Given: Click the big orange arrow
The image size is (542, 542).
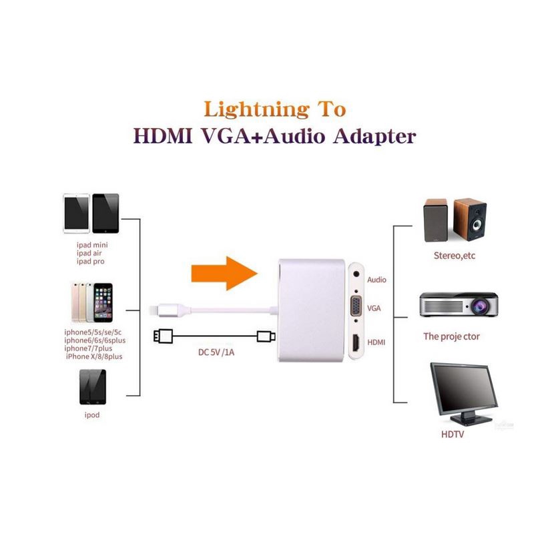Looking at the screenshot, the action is pos(225,274).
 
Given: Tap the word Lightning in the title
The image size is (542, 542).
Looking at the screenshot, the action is pos(256,110).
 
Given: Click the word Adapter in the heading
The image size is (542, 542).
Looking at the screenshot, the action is pos(374,137).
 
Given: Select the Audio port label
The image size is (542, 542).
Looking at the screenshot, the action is pos(376,280).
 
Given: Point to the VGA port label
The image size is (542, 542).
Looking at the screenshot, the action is pos(374,308).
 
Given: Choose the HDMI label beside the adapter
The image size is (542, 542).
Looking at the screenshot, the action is pos(376,342).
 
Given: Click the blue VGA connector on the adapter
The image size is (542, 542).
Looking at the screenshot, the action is pos(356,306).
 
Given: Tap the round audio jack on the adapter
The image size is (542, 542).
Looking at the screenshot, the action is pos(356,274).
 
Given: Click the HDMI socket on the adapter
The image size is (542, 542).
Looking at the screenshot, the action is pos(356,342).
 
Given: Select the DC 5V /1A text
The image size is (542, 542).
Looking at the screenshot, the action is pos(216,352).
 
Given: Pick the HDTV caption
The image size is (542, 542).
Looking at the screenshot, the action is pos(453,435).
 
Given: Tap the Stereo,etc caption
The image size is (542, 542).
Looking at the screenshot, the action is pos(454,256).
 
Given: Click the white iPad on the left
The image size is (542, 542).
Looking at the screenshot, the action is pos(76,214).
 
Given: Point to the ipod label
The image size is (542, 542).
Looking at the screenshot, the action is pos(92,415).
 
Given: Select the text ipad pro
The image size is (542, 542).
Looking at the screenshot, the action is pos(91,262).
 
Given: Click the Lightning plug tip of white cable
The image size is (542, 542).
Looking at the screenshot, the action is pos(153,310).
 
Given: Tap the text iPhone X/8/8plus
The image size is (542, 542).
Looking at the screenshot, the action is pos(94,356).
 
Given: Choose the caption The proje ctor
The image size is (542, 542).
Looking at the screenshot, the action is pos(451,336).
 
